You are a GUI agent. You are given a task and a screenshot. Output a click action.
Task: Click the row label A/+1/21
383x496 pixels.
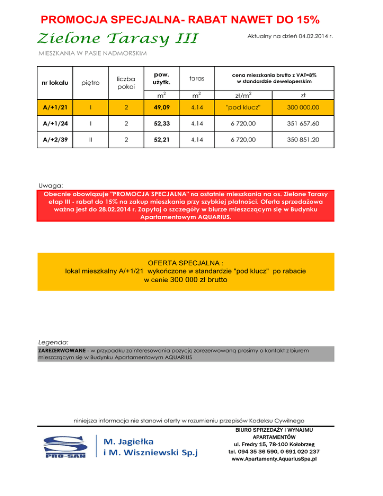(x=55, y=106)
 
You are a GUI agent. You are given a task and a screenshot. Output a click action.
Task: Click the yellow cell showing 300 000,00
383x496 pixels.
(x=304, y=106)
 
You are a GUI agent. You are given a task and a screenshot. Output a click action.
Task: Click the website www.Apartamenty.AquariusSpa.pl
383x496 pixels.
(x=275, y=458)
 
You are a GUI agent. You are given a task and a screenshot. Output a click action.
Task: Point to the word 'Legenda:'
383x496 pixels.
(x=53, y=343)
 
